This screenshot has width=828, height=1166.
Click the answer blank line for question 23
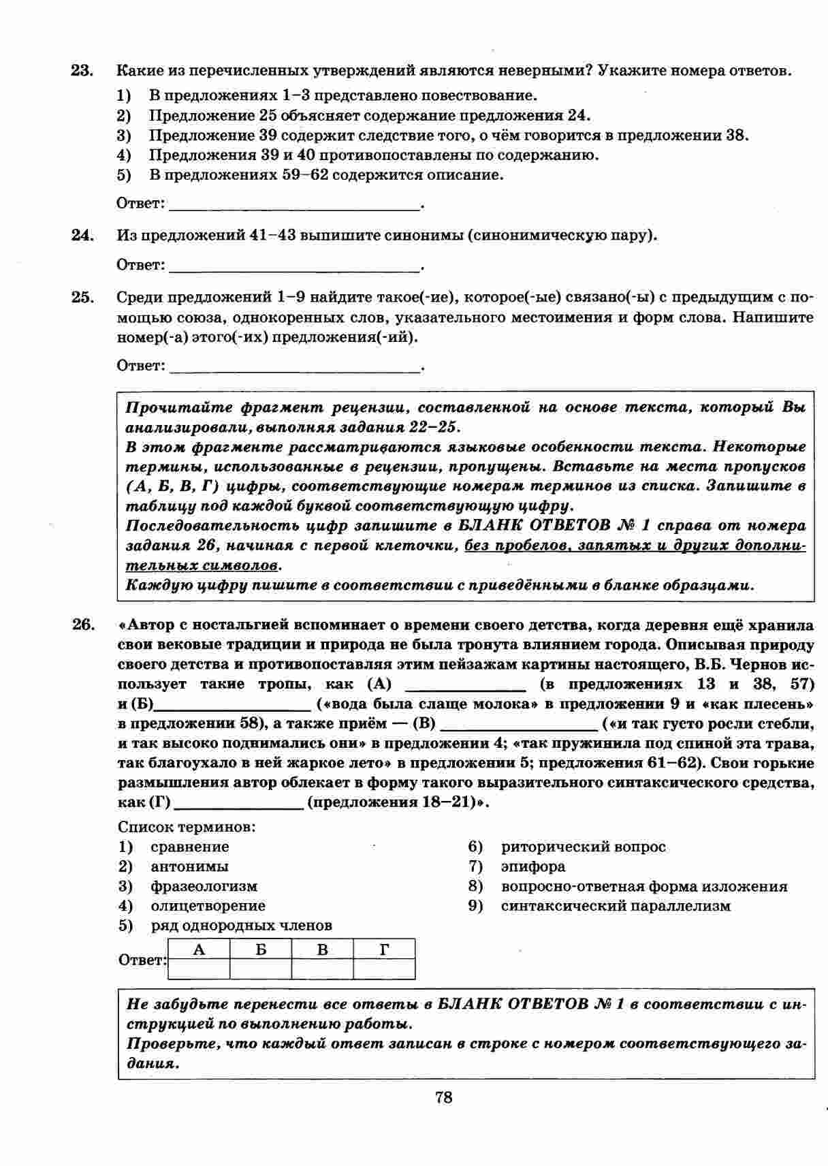coord(294,204)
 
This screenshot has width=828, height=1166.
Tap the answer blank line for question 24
coord(294,266)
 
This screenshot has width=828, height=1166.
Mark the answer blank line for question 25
coord(294,367)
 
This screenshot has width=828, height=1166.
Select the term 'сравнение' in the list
coord(190,847)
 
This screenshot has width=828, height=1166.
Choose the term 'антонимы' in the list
coord(189,867)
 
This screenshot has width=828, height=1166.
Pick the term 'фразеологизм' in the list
coord(204,887)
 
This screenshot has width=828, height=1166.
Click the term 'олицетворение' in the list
coord(208,906)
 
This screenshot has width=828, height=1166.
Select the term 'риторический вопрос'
coord(583,847)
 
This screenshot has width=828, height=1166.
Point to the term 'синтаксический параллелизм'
coord(616,906)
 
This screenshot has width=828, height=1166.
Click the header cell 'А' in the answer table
coord(199,949)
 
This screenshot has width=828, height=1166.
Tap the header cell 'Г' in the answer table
coord(384,949)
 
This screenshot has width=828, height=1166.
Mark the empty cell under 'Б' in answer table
coord(261,968)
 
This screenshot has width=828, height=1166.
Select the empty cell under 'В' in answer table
coord(323,968)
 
